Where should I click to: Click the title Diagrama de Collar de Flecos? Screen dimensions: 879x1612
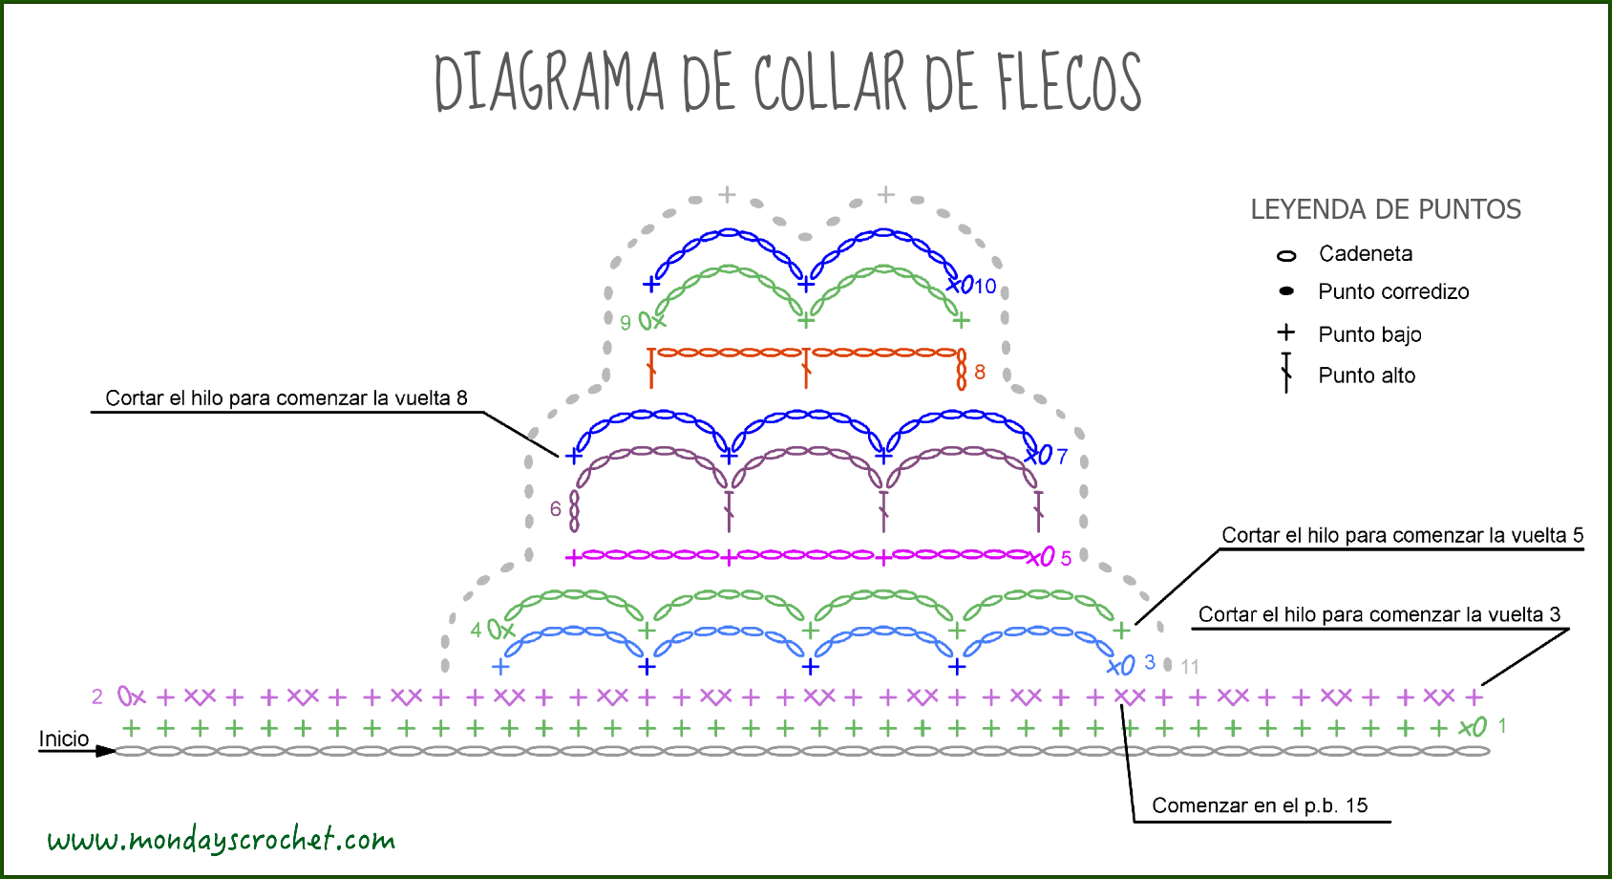788,82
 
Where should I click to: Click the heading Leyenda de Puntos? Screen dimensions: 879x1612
1385,209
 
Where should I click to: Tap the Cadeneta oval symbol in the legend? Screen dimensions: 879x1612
1286,255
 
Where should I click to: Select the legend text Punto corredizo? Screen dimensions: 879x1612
1392,291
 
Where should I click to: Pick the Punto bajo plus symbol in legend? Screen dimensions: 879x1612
1286,332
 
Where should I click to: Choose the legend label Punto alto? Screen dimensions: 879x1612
1366,375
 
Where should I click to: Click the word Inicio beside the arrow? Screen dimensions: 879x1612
63,739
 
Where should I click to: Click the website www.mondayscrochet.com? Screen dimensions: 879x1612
222,840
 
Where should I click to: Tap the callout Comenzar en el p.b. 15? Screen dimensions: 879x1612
1259,805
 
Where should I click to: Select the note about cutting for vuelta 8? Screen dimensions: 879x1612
286,398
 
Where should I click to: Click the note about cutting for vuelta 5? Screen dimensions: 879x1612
1402,535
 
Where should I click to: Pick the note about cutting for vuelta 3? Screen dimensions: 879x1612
1379,614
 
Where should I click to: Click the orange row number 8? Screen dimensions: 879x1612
980,372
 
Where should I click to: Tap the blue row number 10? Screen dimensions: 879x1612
986,286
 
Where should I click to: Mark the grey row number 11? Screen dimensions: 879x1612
1189,667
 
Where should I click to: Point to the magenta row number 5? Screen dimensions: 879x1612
1066,558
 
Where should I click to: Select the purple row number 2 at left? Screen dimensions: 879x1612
97,697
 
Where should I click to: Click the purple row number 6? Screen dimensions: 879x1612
556,509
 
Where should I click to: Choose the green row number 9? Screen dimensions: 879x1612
626,323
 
